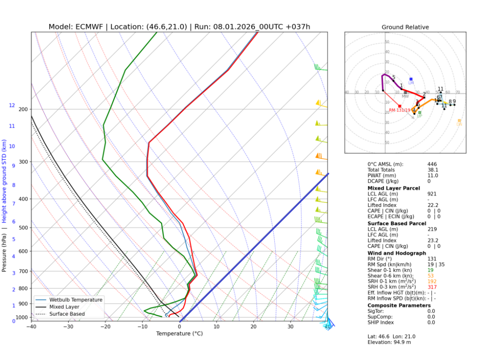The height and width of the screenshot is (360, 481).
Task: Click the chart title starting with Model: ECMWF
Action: coord(179,27)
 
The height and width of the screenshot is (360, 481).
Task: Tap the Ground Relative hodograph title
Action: coord(405,27)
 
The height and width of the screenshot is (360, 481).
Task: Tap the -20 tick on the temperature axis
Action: coord(105,327)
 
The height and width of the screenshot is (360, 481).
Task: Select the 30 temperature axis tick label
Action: coord(290,327)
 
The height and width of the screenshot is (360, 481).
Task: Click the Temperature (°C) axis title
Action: coord(179,334)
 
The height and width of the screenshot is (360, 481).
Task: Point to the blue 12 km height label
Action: coord(12,106)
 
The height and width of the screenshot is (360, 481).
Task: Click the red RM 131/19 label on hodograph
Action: coord(399,110)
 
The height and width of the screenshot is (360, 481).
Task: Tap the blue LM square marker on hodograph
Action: coord(411,79)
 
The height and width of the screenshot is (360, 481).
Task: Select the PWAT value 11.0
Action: coord(433,176)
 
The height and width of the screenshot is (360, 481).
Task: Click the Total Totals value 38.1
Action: coord(433,170)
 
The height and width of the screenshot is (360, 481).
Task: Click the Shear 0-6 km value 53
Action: coord(430,276)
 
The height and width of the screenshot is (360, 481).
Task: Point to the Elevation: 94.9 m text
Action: coord(390,342)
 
